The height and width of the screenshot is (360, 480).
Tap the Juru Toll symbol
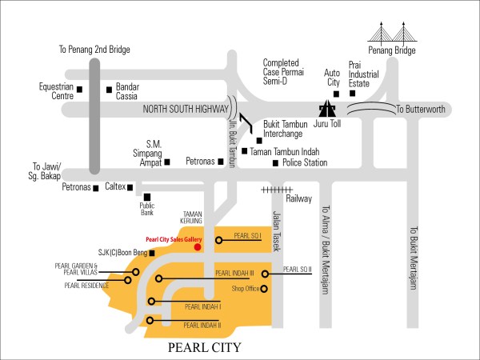[x=328, y=110]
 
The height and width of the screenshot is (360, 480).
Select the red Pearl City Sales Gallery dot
[x=198, y=247]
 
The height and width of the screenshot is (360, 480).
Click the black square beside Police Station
[x=276, y=163]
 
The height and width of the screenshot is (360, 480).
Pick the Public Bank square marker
[x=146, y=196]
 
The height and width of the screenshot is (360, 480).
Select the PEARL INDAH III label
[x=234, y=274]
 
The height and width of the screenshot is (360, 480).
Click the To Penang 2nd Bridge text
[x=94, y=50]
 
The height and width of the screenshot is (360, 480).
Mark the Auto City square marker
[x=333, y=93]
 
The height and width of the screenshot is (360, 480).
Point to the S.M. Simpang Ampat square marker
[x=166, y=162]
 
